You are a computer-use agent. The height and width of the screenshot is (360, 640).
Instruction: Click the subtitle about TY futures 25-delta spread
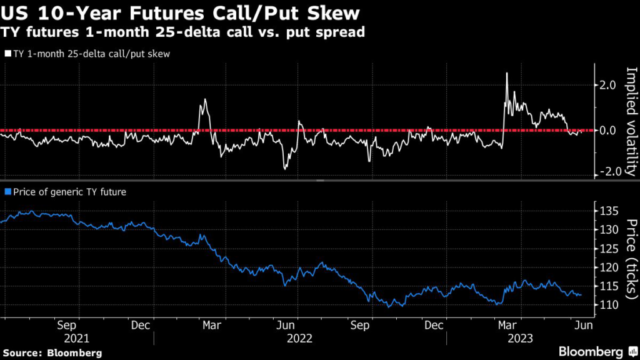[x=184, y=32]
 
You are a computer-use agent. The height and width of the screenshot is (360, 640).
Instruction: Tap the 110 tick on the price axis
[x=609, y=305]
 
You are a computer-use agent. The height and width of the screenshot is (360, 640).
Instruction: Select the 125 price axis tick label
[x=609, y=248]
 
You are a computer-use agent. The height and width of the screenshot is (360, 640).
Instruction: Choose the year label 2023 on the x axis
[x=520, y=339]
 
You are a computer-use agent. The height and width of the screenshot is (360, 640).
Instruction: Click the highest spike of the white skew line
[x=506, y=74]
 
